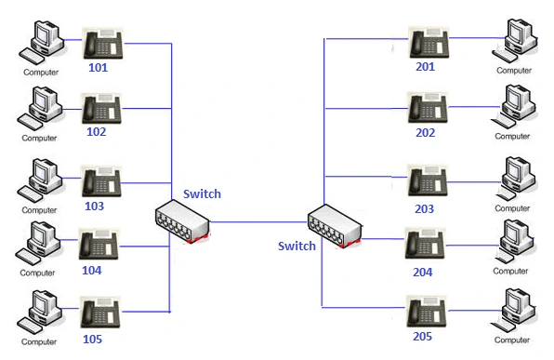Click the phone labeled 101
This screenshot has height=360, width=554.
(x=103, y=44)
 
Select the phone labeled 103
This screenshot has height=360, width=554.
(x=102, y=180)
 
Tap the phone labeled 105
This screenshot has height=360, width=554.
(x=100, y=312)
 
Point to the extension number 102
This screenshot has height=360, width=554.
(x=96, y=131)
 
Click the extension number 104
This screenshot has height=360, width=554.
(x=93, y=271)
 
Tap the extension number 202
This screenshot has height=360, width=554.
(x=425, y=132)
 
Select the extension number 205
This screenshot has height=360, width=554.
(x=423, y=336)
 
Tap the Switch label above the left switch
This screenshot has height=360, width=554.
(x=202, y=193)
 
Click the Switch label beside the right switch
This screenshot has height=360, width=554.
(x=297, y=246)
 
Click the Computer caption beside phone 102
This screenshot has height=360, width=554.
(x=40, y=138)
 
